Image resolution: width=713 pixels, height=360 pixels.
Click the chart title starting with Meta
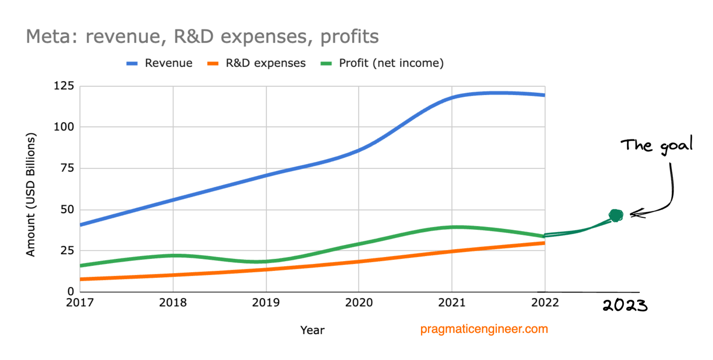[x=202, y=37]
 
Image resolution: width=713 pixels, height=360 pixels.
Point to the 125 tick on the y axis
[x=64, y=86]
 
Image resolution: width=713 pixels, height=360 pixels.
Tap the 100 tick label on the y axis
[x=64, y=127]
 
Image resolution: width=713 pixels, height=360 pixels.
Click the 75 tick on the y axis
[x=67, y=168]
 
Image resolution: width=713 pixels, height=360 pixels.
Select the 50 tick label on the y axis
[x=67, y=210]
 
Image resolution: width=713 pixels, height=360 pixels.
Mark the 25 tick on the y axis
[x=67, y=251]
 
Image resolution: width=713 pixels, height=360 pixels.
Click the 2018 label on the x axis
[x=173, y=303]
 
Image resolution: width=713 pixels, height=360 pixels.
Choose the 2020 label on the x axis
[x=359, y=303]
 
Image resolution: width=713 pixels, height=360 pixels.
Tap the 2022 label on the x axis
[x=545, y=303]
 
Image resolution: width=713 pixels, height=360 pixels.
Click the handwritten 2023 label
[x=625, y=306]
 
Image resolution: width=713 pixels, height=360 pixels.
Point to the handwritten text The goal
[x=656, y=145]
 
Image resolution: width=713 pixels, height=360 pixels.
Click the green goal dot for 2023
[x=616, y=215]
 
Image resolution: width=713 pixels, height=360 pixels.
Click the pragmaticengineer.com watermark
[x=484, y=329]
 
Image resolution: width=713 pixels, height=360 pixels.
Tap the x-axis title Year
[x=312, y=330]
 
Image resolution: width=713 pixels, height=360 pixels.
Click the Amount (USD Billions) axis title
[x=31, y=194]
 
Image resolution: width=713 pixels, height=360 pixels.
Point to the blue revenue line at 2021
[x=452, y=98]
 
